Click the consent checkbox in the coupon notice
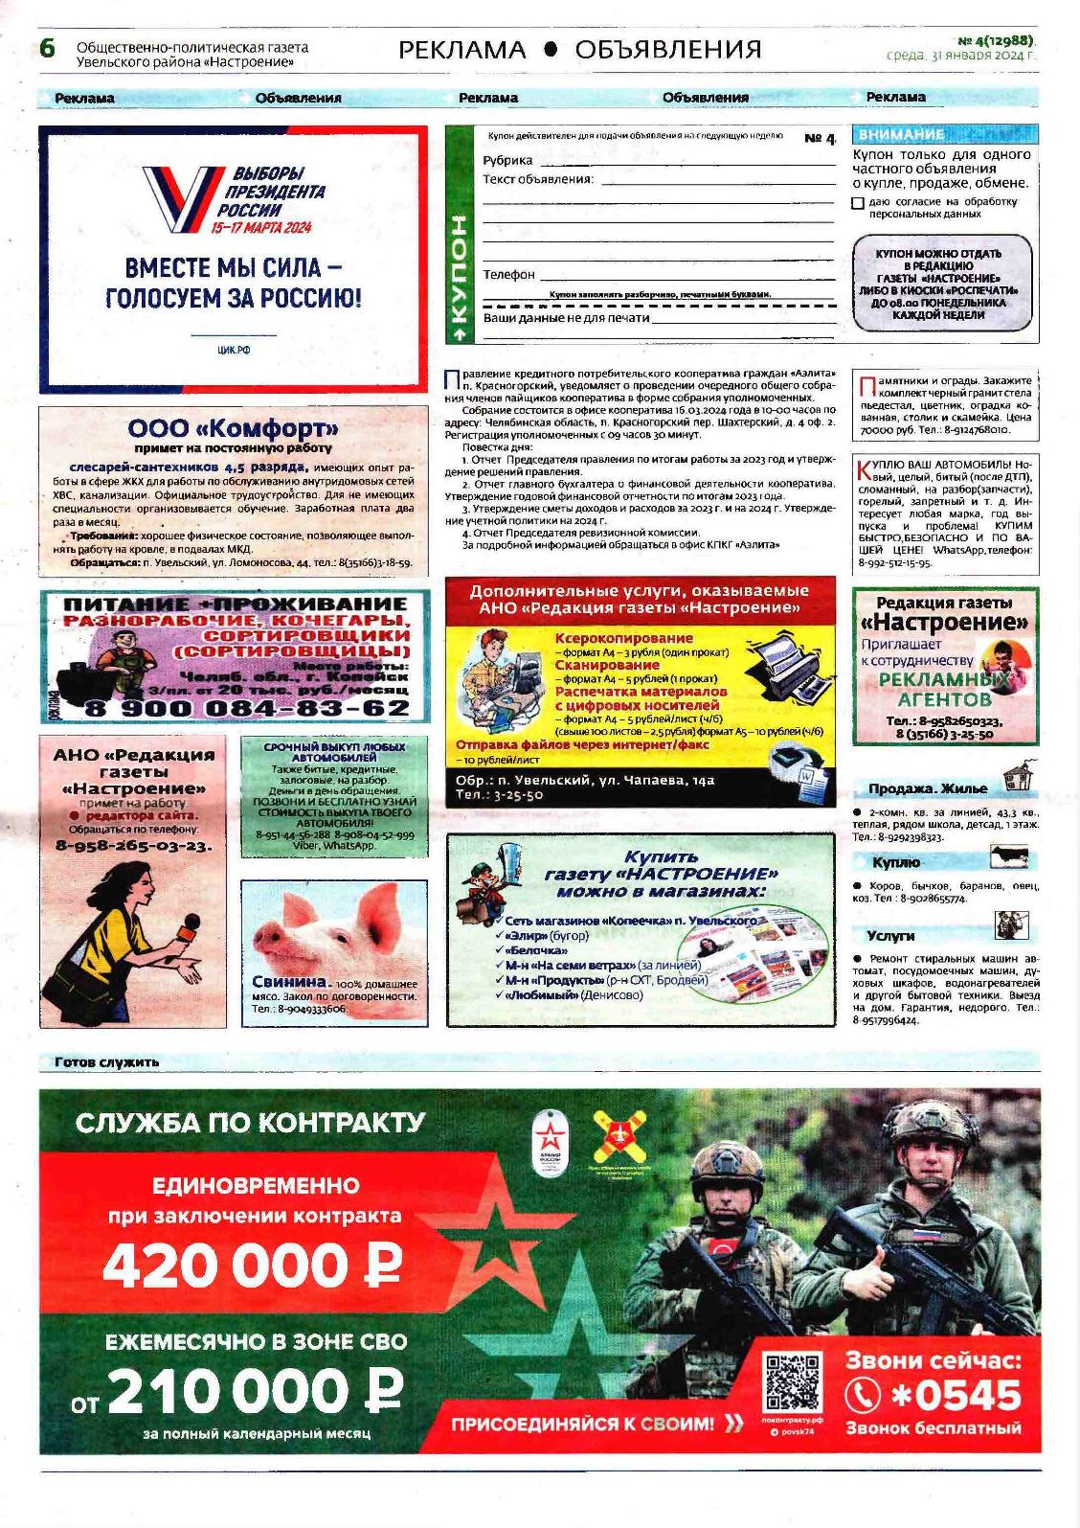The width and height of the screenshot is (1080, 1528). coord(858,203)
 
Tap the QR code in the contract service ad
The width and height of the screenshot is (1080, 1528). coord(792,1380)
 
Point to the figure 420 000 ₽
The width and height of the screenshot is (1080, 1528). coord(252,1266)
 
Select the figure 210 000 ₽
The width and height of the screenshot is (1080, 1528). coord(255,1392)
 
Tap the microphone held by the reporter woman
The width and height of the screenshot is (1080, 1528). coord(189,927)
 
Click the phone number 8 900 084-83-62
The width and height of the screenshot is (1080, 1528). coord(247,709)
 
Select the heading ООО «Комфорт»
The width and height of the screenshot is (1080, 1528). coord(234,428)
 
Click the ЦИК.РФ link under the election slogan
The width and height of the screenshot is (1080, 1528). coord(234,351)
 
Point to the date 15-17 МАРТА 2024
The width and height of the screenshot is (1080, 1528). coord(263,228)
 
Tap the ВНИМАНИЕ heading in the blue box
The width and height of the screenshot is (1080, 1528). coord(901,135)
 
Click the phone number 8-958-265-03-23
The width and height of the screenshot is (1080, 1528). coord(134,846)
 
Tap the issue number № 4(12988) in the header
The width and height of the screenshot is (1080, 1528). coord(996,40)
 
